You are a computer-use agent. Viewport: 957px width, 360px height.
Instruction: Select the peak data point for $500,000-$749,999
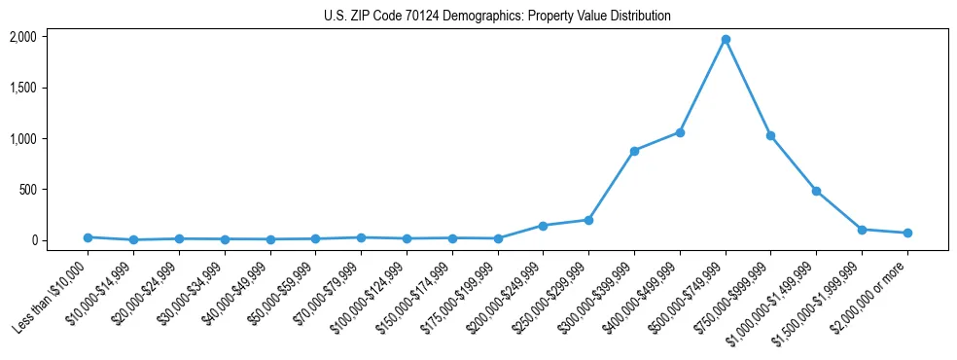coord(726,40)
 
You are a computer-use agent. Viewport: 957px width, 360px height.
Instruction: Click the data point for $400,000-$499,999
coord(680,132)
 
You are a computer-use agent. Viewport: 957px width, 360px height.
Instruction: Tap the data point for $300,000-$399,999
coord(634,151)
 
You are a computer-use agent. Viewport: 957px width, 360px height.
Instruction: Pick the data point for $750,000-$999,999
coord(770,136)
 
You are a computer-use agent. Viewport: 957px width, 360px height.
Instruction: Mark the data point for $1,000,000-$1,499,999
coord(816,191)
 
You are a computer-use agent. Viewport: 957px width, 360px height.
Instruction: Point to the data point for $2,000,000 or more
coord(907,233)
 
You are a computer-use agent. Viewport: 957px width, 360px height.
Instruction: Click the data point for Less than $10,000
coord(88,237)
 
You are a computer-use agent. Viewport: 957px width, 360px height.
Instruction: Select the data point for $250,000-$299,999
coord(588,220)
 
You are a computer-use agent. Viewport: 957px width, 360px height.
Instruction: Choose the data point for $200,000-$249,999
coord(543,226)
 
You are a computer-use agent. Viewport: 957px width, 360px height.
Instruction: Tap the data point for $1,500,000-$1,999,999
coord(862,230)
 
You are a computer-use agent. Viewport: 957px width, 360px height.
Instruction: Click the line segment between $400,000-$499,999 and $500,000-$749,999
coord(702,87)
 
